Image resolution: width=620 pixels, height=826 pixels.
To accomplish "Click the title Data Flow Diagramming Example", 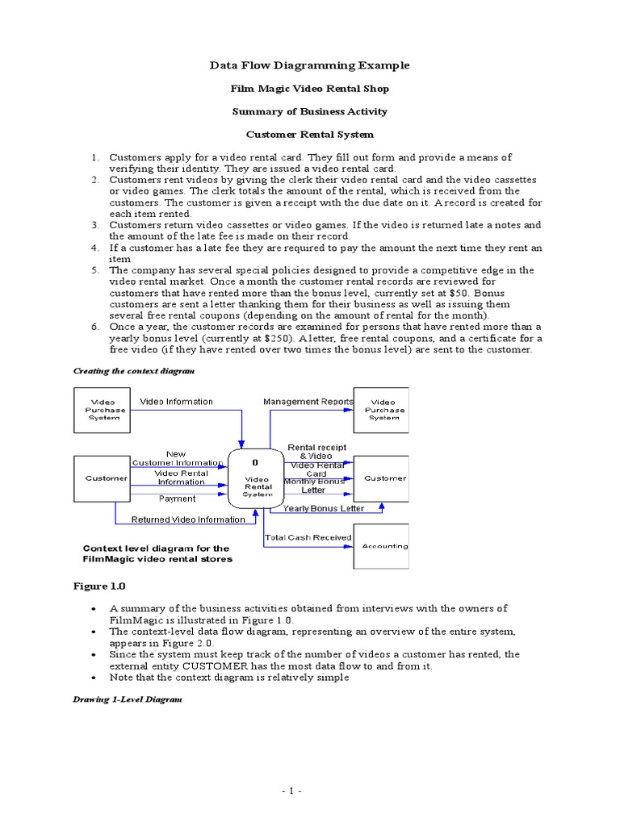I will [x=310, y=65].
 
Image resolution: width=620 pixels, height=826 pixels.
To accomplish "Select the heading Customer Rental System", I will [x=310, y=135].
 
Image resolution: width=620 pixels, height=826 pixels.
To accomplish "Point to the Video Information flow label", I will [x=177, y=402].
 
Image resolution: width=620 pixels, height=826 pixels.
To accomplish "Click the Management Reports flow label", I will [x=308, y=402].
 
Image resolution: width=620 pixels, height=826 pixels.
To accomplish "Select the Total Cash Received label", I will [x=308, y=537].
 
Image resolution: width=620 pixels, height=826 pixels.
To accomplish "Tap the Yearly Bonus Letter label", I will [x=323, y=508].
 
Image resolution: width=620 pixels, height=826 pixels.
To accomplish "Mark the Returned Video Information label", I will [x=187, y=519].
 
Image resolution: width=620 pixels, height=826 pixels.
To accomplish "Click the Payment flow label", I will [x=177, y=499].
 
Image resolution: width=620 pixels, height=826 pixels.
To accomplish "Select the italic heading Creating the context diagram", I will [x=134, y=370].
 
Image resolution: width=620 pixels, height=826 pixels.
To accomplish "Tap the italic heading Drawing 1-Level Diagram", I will [x=128, y=699].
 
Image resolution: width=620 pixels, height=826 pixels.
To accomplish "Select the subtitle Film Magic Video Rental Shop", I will [x=310, y=89].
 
